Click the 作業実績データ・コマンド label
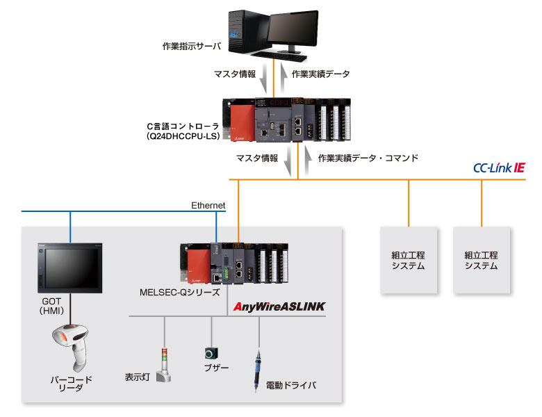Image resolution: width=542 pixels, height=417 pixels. click(x=368, y=158)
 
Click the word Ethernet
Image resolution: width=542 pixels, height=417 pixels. click(x=208, y=205)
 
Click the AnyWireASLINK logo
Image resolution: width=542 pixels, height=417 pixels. click(x=280, y=306)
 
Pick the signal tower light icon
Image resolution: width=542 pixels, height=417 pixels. click(x=163, y=363)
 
